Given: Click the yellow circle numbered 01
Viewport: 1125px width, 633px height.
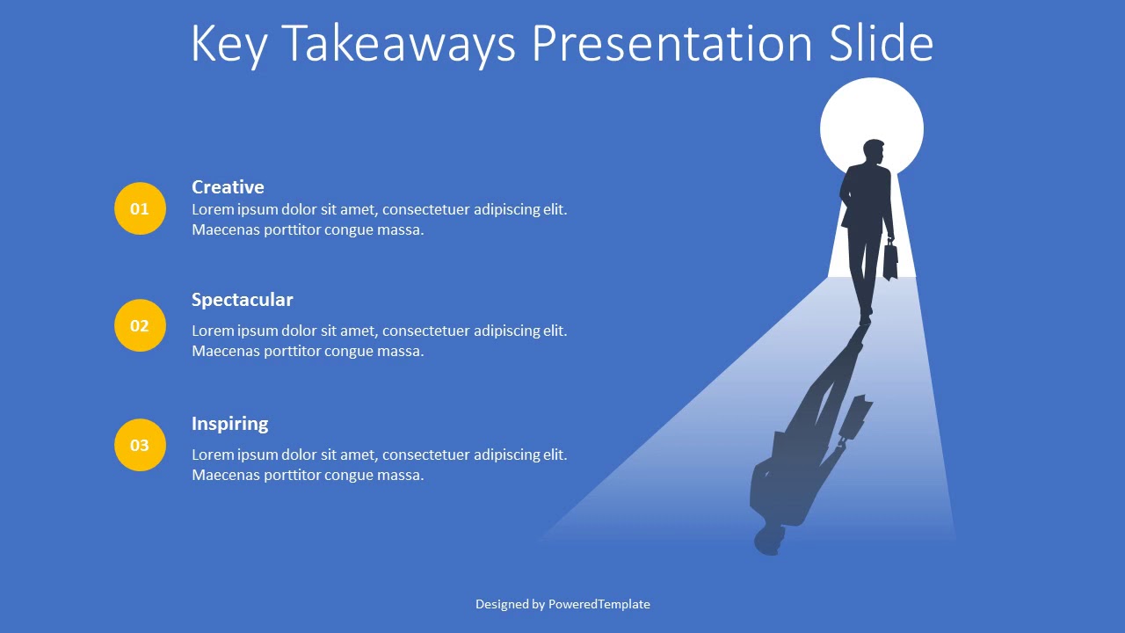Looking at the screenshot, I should point(140,208).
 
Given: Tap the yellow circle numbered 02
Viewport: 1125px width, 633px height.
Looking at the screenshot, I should point(140,325).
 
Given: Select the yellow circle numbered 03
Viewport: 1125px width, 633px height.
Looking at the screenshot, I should point(140,445).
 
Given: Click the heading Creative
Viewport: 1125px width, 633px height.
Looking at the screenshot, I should point(228,187).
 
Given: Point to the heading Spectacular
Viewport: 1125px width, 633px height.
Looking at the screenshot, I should point(242,300).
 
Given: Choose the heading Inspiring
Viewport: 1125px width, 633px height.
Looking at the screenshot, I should point(229,424).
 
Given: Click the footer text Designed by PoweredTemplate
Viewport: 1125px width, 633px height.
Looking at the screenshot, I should point(562,604).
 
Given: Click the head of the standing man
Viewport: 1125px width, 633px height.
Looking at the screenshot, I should point(873,152).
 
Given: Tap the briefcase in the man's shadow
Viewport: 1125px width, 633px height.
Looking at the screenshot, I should point(855,418).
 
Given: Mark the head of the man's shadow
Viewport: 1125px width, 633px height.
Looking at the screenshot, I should point(769,540).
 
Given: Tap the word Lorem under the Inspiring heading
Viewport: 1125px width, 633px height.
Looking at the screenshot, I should point(212,455).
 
